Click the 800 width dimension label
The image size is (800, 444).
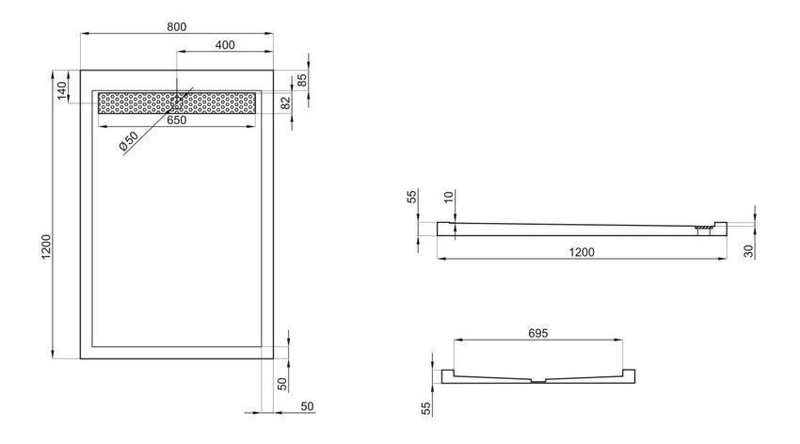(x=177, y=26)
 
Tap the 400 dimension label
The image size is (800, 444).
(x=225, y=45)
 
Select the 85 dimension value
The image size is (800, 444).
(x=302, y=81)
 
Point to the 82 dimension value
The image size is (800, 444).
(x=286, y=103)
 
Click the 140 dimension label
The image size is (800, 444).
(x=62, y=90)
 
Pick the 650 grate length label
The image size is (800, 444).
(x=177, y=120)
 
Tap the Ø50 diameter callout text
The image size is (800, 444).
(x=129, y=141)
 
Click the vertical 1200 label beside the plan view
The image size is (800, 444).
(x=46, y=246)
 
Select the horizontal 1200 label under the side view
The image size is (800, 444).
(x=582, y=252)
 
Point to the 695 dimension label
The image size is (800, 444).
(x=537, y=333)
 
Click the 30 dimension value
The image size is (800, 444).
(x=748, y=251)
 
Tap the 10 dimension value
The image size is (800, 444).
(x=449, y=197)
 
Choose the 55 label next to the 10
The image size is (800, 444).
(x=413, y=197)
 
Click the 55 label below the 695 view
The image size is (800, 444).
(x=426, y=408)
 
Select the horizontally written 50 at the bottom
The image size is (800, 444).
(x=307, y=406)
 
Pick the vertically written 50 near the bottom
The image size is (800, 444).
(x=282, y=384)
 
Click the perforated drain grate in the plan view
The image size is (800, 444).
(x=177, y=103)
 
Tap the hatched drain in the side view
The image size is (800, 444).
(x=704, y=228)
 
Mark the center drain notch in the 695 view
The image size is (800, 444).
(x=538, y=380)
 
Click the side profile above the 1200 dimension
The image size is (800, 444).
(x=582, y=230)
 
